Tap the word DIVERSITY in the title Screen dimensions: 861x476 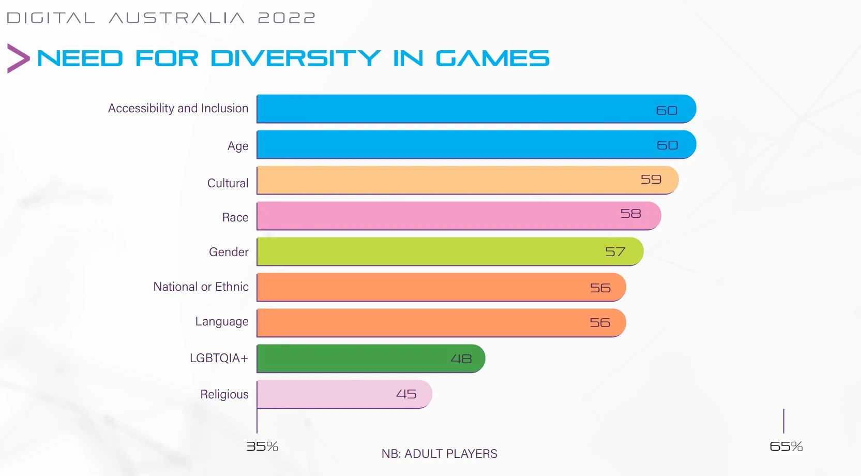(x=295, y=58)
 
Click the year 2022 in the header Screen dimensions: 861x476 (x=286, y=18)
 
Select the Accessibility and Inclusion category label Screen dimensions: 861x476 (x=178, y=109)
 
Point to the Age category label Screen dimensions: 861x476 (x=238, y=146)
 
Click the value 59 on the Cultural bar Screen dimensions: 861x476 (x=651, y=179)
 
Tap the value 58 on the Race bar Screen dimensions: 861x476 (x=631, y=213)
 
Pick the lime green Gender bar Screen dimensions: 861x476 (x=450, y=251)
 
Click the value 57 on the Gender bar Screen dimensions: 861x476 (x=615, y=252)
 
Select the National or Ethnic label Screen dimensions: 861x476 (x=201, y=287)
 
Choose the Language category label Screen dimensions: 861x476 (x=222, y=321)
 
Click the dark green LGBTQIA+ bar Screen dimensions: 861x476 (x=371, y=359)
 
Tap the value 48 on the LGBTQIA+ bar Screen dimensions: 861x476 (x=461, y=359)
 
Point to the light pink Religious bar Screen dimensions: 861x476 (x=344, y=394)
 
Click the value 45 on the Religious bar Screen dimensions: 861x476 (x=406, y=394)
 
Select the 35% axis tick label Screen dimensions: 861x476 (x=262, y=447)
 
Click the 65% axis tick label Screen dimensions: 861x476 (x=787, y=447)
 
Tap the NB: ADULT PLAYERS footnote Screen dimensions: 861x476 (x=440, y=454)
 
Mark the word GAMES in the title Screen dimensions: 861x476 (x=493, y=58)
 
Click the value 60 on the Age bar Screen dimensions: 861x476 (x=667, y=145)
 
